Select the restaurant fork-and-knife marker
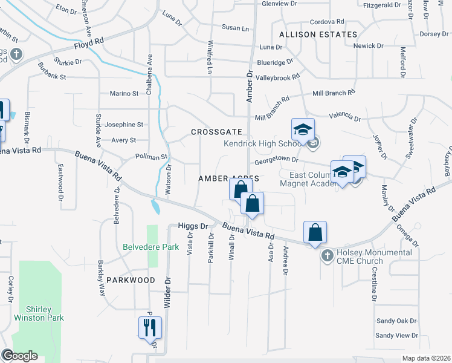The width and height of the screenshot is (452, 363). point(149,328)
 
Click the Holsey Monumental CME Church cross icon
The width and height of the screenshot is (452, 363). point(328,255)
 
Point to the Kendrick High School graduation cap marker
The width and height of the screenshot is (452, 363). point(303,129)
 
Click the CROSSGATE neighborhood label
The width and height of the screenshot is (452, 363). point(216,132)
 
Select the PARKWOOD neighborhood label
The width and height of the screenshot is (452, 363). point(131,280)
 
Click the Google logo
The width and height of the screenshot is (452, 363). point(19,356)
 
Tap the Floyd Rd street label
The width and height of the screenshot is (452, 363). point(89,43)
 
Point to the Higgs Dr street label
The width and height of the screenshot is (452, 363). point(193,226)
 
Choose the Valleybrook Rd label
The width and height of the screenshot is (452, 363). point(277,77)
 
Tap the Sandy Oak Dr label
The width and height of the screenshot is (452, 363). point(396,321)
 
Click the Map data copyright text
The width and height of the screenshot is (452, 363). point(426,358)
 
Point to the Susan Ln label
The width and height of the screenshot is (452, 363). point(235,28)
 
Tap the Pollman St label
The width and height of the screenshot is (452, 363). point(151,157)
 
